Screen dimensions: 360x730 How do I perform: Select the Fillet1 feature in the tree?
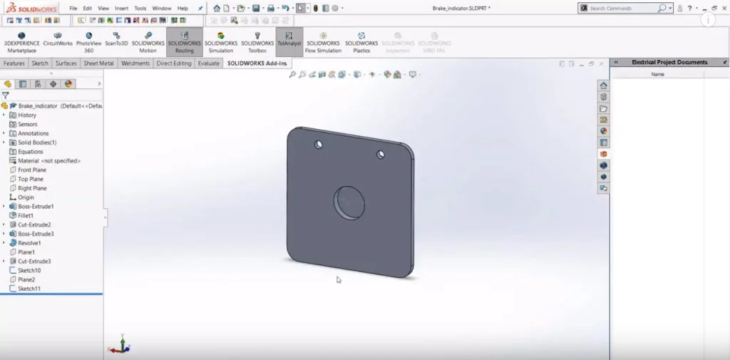click(x=26, y=215)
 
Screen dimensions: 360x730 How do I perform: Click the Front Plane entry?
click(x=32, y=170)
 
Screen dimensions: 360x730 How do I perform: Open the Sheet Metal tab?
click(x=99, y=63)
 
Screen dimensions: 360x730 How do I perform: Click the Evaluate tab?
click(x=209, y=63)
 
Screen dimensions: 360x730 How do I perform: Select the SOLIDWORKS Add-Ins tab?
click(x=257, y=63)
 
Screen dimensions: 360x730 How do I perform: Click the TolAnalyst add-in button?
click(x=289, y=42)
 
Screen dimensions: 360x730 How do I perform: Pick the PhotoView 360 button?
click(x=89, y=42)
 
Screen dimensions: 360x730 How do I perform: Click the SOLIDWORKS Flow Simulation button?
click(x=323, y=42)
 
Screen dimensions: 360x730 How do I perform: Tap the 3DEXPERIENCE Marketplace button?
click(x=21, y=42)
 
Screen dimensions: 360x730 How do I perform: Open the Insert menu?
click(x=121, y=9)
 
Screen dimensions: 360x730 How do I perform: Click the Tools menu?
click(x=140, y=9)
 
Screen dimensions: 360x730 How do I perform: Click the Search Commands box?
click(x=622, y=9)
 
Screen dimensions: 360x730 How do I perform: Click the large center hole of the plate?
click(x=349, y=202)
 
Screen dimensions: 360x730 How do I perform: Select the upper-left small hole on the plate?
click(x=318, y=145)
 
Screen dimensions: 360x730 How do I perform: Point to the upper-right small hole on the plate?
click(x=381, y=153)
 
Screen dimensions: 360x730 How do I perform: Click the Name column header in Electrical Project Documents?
click(x=657, y=74)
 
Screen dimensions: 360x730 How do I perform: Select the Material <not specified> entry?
click(x=48, y=160)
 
